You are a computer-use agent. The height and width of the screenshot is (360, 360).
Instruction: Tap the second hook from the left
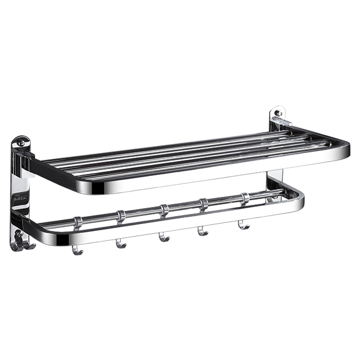coord(121,244)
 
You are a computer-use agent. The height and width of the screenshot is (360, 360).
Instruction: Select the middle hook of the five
coord(164,237)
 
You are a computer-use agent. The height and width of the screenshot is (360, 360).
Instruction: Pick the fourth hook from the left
coord(203,231)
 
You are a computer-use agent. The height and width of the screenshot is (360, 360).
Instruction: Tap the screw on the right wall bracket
coord(278,112)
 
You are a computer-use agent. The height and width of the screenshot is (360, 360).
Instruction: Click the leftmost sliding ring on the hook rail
coord(78,222)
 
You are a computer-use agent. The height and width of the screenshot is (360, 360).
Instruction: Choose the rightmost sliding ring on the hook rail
coord(245,198)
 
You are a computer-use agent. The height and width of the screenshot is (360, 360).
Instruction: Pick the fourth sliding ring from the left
coord(204,204)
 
